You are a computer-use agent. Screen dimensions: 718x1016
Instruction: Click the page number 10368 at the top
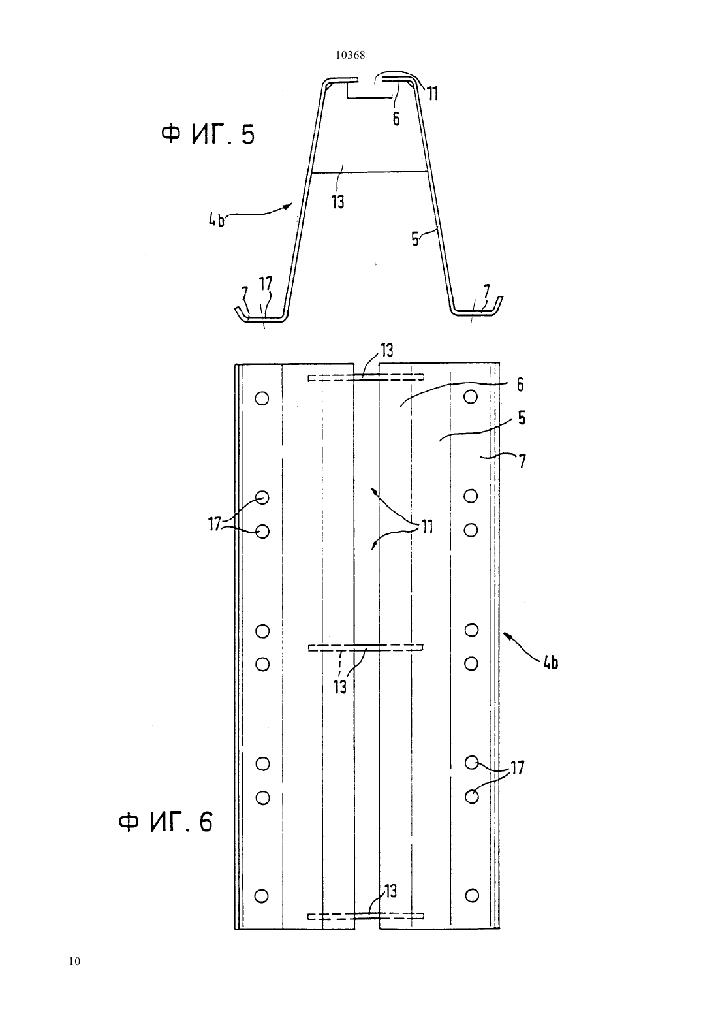click(x=350, y=56)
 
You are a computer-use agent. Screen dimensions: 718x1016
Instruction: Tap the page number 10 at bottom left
click(x=75, y=961)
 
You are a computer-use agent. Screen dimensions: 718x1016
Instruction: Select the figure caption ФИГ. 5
click(x=208, y=135)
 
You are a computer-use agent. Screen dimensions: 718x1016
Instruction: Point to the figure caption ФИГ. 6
click(x=165, y=822)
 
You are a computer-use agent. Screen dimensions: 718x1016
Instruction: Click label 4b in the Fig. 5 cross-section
click(x=216, y=221)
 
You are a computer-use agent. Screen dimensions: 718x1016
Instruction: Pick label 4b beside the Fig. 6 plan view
click(x=550, y=663)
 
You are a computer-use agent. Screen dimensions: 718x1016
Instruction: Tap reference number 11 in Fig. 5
click(x=433, y=93)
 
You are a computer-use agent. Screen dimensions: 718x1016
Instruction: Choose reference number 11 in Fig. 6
click(x=427, y=526)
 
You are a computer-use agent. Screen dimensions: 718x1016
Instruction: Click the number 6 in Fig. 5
click(x=396, y=119)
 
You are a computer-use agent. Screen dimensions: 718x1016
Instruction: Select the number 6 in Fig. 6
click(x=520, y=385)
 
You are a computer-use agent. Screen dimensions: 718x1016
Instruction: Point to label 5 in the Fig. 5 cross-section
click(x=415, y=239)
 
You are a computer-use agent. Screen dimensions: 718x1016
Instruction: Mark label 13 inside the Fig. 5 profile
click(x=337, y=201)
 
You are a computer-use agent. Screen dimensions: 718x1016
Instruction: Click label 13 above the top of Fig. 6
click(x=386, y=350)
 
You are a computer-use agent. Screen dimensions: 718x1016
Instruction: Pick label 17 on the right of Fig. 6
click(x=517, y=768)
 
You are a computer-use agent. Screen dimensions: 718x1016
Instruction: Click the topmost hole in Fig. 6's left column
click(x=262, y=398)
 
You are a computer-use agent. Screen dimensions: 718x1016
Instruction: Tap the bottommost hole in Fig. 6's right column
click(x=472, y=895)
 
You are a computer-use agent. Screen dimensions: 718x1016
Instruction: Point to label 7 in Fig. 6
click(x=522, y=461)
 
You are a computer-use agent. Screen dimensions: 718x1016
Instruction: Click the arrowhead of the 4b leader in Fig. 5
click(x=287, y=206)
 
